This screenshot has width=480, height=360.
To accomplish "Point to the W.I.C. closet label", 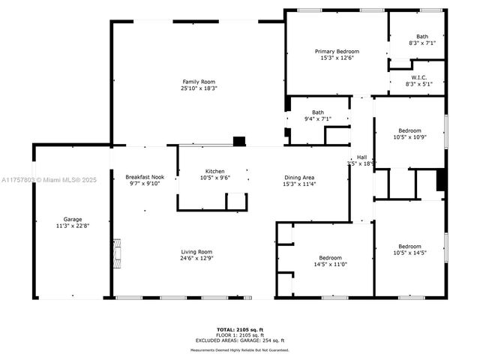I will tap(419, 77).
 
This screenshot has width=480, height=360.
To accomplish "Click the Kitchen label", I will tap(215, 171).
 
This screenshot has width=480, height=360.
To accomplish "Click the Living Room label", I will tap(196, 252).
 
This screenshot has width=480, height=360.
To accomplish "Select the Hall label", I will tap(361, 157).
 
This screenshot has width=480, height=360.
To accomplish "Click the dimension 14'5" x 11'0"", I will tap(330, 264).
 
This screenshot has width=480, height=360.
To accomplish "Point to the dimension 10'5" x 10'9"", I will tap(409, 137).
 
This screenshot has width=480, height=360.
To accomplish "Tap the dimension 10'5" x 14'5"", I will tap(409, 253).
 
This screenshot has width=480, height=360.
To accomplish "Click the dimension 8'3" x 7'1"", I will tap(422, 43).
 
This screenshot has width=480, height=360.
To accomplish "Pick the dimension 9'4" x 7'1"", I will tap(318, 119).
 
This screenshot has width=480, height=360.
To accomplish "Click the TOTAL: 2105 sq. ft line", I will tap(240, 328).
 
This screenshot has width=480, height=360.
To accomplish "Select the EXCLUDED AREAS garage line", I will tap(240, 340).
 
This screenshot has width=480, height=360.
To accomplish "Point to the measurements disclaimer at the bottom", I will tap(239, 349).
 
